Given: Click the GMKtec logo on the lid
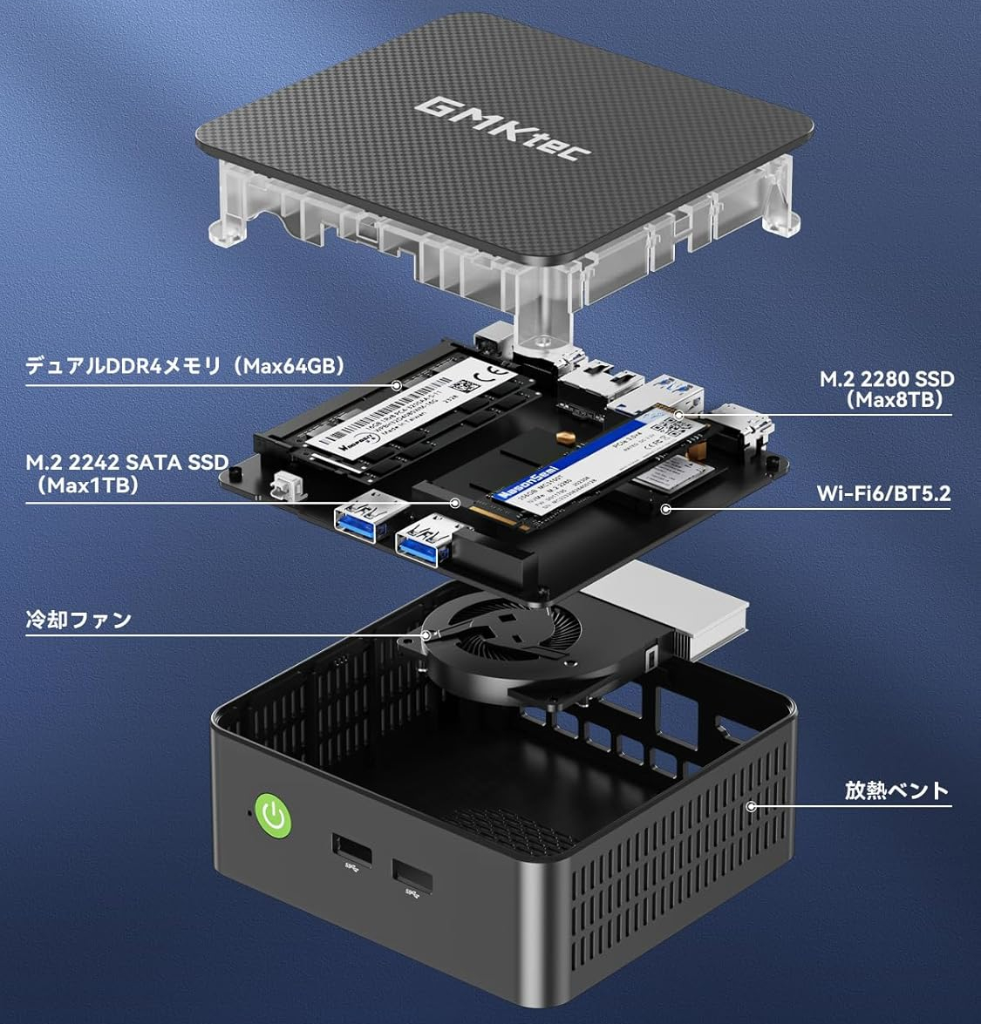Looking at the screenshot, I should click(x=503, y=129).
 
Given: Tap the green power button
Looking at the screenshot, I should click(x=272, y=816).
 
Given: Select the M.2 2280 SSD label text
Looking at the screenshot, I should click(x=886, y=390).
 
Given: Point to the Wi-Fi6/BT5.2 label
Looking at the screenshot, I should click(x=882, y=493).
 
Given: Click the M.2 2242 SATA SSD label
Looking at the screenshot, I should click(x=126, y=473).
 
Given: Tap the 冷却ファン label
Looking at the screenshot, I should click(x=78, y=620).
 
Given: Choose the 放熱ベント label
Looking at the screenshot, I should click(x=896, y=790).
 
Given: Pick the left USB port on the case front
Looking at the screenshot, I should click(x=351, y=850).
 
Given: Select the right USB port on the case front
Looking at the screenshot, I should click(x=412, y=876).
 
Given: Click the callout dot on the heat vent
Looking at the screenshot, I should click(x=751, y=806).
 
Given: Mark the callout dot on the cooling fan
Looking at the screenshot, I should click(x=426, y=635).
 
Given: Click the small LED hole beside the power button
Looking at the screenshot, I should click(x=249, y=812).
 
